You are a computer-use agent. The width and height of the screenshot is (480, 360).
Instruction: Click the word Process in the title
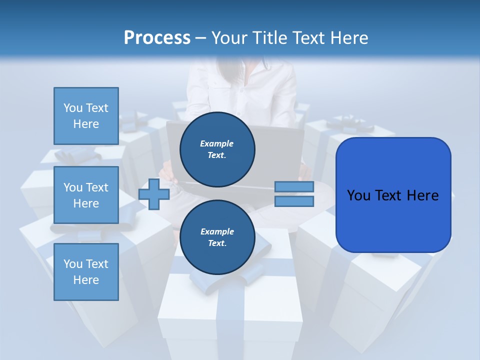click(x=157, y=38)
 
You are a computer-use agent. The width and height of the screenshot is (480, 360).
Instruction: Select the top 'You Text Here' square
click(x=86, y=116)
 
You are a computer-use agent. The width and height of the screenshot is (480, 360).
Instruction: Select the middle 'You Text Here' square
click(x=86, y=195)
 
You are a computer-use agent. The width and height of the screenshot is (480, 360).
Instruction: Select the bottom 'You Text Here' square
click(x=86, y=272)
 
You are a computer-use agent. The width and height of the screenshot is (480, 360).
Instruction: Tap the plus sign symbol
click(x=154, y=194)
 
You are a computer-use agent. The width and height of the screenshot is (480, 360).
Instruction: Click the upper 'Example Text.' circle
click(x=217, y=149)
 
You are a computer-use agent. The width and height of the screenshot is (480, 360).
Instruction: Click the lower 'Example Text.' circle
click(x=217, y=237)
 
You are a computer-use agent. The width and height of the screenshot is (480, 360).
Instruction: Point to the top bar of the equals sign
click(x=294, y=186)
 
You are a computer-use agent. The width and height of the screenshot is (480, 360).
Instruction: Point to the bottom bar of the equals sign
click(x=294, y=201)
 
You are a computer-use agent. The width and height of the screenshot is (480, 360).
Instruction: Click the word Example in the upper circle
click(x=217, y=143)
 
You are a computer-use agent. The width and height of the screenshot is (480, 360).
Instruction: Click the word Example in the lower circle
click(x=217, y=231)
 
